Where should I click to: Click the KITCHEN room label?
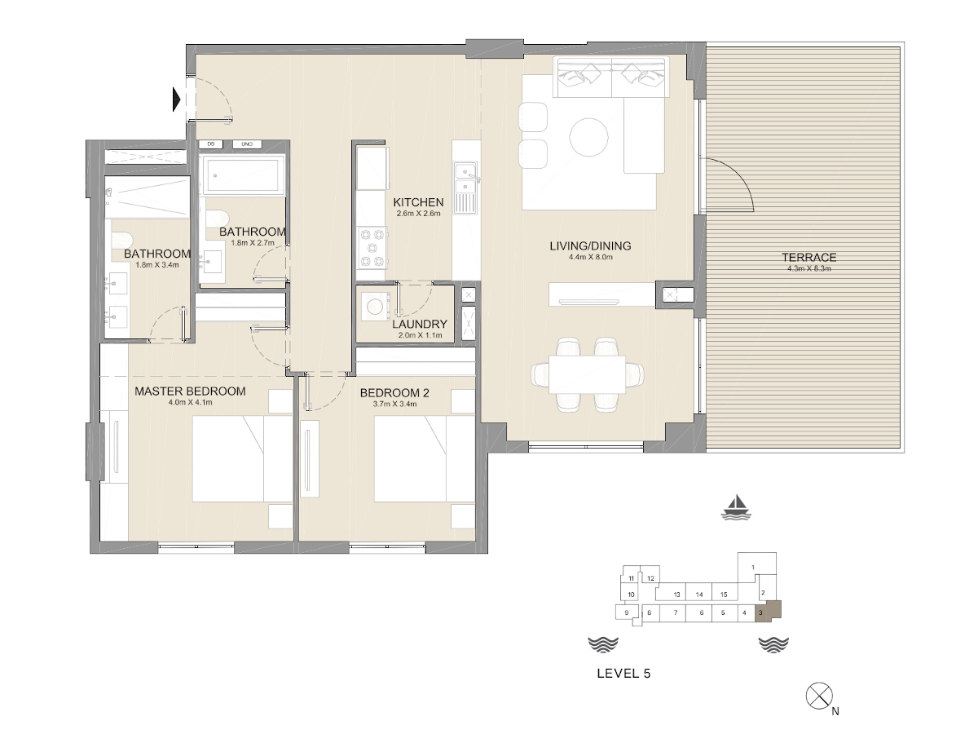pos(418,202)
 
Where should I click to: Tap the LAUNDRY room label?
pos(420,324)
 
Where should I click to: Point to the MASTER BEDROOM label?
pos(190,391)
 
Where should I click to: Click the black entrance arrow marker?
pos(176,99)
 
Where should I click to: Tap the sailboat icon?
pos(736,507)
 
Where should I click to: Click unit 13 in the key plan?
pos(677,595)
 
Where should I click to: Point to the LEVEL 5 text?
pos(623,674)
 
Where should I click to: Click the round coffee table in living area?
pos(588,136)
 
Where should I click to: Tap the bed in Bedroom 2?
pos(424,459)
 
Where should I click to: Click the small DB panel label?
pos(211,144)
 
